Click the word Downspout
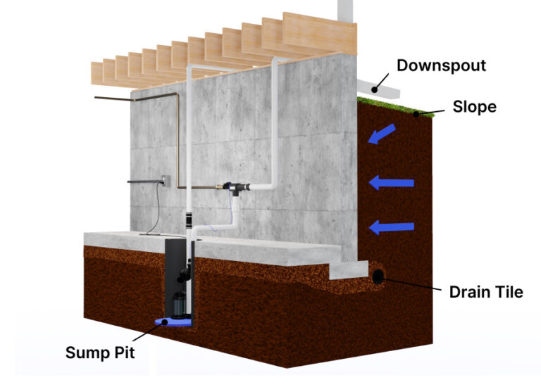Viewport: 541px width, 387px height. click(441, 66)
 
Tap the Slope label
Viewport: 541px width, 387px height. click(474, 107)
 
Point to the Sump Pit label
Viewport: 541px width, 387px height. click(99, 352)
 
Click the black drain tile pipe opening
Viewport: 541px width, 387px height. click(379, 277)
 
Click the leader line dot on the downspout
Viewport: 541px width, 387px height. click(375, 89)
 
